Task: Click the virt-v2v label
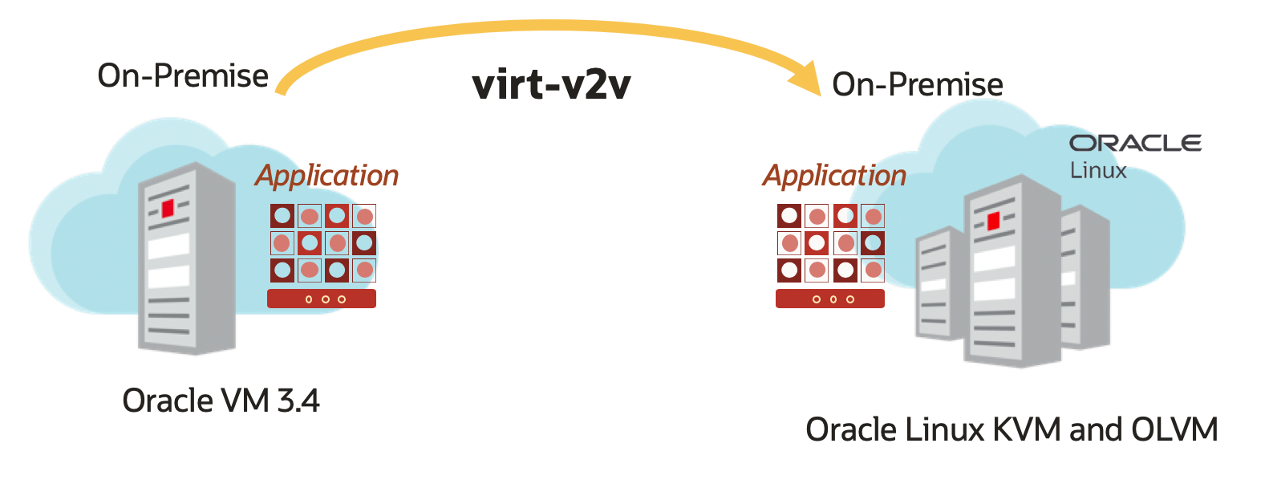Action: click(551, 85)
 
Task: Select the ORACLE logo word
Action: click(1135, 143)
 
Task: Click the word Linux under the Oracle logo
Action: click(1098, 170)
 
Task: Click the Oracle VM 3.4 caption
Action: click(221, 400)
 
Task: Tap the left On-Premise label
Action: click(183, 75)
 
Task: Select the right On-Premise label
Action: click(917, 84)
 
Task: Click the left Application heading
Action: click(326, 175)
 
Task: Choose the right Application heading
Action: click(834, 175)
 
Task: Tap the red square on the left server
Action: click(168, 209)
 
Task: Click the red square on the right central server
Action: click(993, 221)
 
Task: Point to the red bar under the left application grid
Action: click(321, 299)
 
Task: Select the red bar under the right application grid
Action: click(829, 299)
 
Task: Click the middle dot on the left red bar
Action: click(325, 299)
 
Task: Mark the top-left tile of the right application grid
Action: click(790, 216)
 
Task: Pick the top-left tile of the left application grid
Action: click(282, 216)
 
